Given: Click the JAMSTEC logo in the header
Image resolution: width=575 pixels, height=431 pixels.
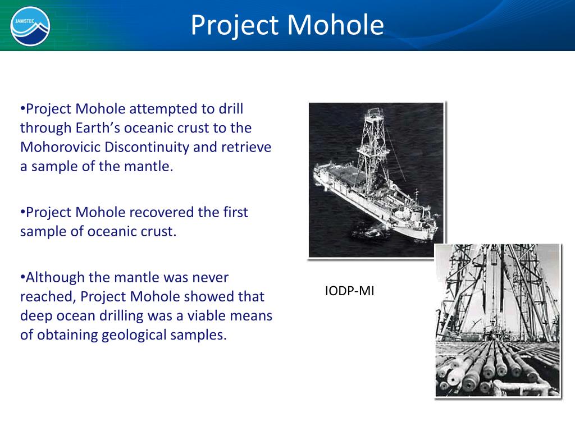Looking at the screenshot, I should (x=30, y=26).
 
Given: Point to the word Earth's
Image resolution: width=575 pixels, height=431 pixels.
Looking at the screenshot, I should (x=98, y=128).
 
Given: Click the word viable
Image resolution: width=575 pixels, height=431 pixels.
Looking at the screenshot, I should (x=212, y=316).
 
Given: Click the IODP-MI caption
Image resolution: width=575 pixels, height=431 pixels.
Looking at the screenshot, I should (x=349, y=291).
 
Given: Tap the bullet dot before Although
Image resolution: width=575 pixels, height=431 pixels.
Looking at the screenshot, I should (x=22, y=277).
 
